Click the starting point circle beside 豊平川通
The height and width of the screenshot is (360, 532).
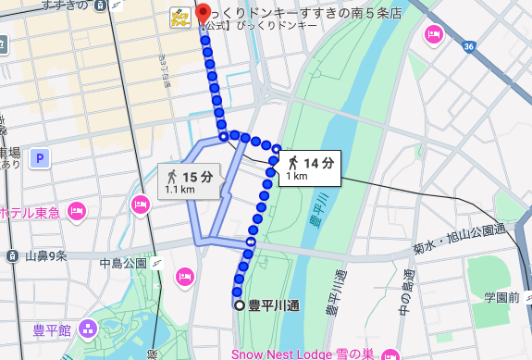[239, 304]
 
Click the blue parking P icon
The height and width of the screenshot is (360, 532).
[40, 159]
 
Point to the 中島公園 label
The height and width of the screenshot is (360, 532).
[124, 265]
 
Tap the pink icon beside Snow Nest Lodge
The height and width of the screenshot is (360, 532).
[390, 354]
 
